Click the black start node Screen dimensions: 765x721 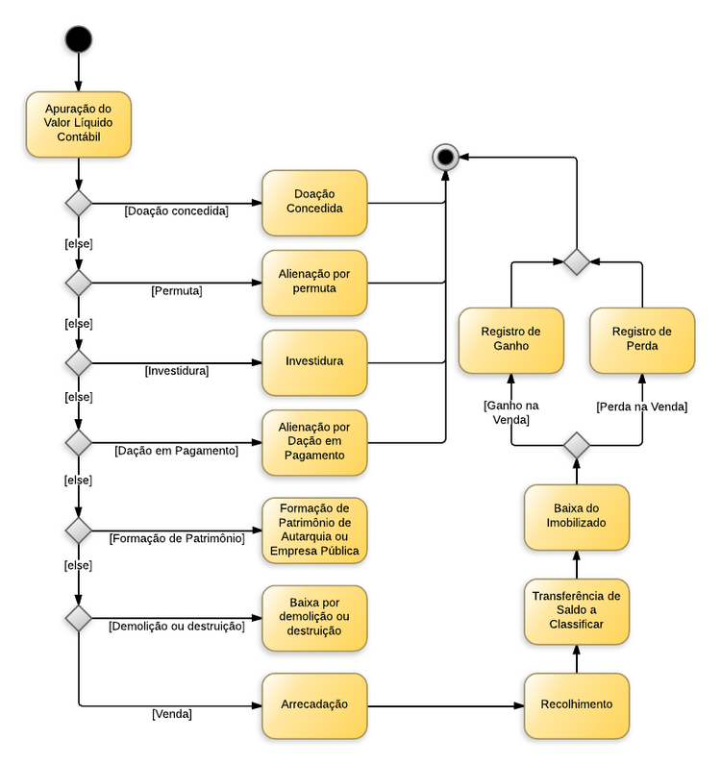78,38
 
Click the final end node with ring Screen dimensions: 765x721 445,156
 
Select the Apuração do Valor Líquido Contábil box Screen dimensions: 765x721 78,124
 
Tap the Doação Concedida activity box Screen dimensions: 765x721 314,203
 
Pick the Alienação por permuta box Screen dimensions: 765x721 314,283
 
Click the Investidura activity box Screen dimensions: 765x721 314,362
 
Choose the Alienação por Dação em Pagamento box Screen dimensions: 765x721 314,442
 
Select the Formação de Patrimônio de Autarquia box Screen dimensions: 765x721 314,530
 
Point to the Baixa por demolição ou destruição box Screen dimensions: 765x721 314,618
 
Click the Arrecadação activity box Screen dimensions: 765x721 314,705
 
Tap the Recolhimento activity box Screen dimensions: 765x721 577,705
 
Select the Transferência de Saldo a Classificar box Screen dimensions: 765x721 577,611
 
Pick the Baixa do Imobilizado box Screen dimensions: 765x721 577,516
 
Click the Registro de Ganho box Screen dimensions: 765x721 510,340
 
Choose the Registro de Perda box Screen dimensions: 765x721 642,340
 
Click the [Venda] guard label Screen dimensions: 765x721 172,714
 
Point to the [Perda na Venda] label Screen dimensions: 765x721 641,407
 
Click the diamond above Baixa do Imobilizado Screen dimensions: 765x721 576,446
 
